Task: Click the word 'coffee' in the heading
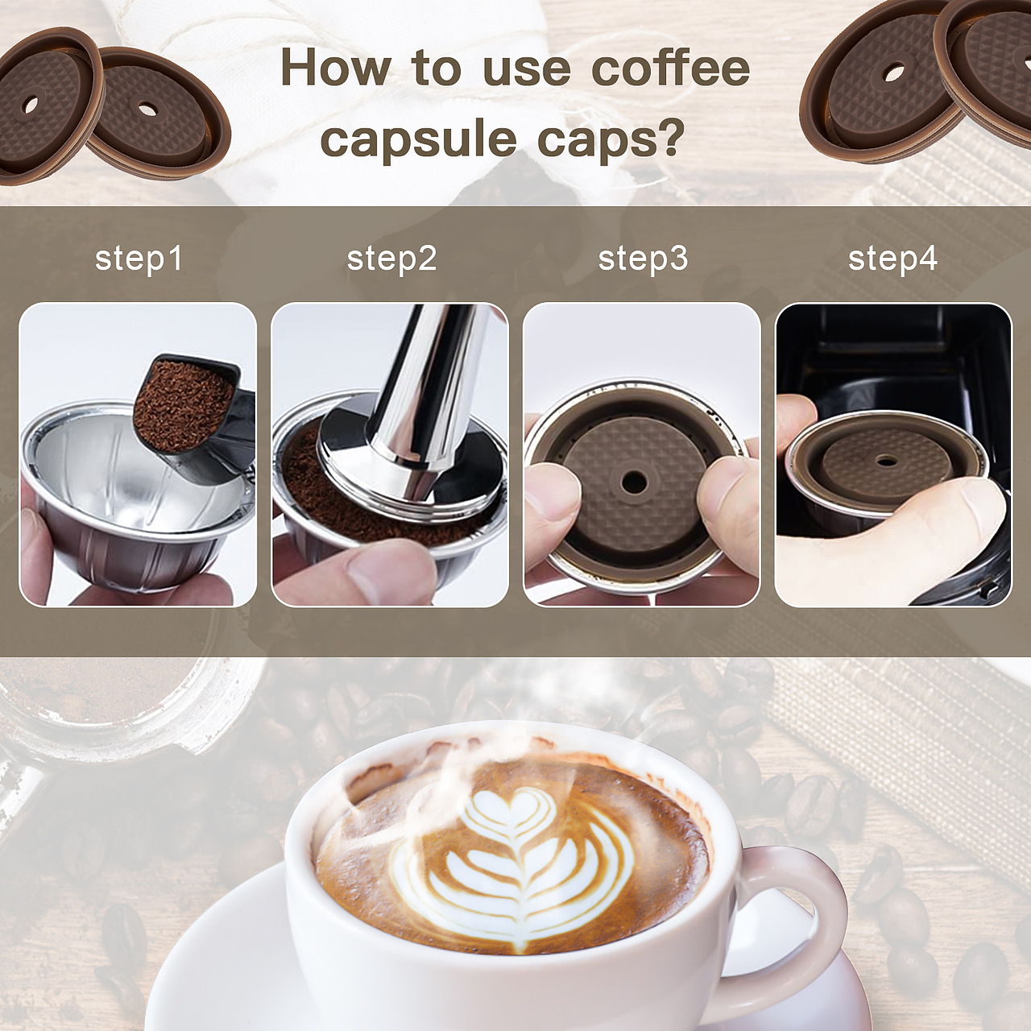click(670, 68)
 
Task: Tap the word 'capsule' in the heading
click(418, 139)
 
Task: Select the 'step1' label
click(139, 259)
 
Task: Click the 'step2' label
click(391, 259)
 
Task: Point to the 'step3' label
click(643, 259)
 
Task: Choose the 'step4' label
click(893, 259)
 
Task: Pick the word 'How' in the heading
click(336, 68)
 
